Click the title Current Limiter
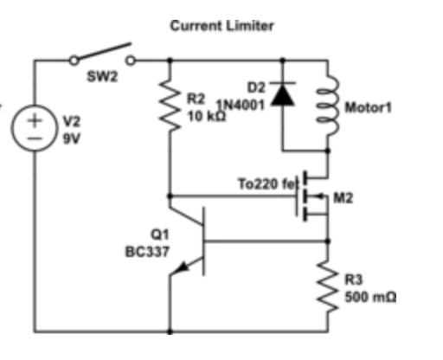point(221,26)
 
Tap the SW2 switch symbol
point(103,55)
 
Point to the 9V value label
point(70,138)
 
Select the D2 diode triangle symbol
point(282,93)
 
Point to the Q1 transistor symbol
point(196,242)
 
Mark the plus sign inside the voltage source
point(35,121)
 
